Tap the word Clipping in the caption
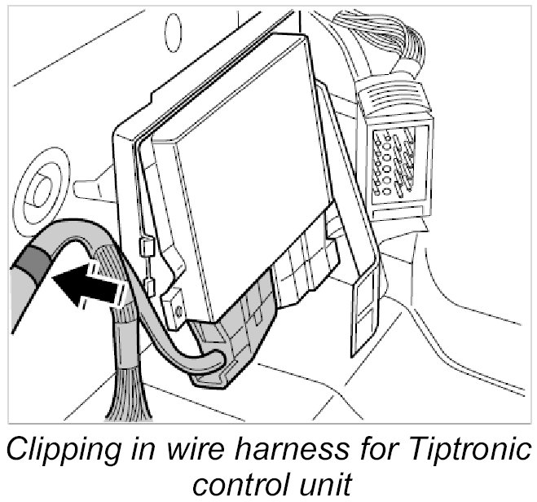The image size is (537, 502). [x=72, y=448]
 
